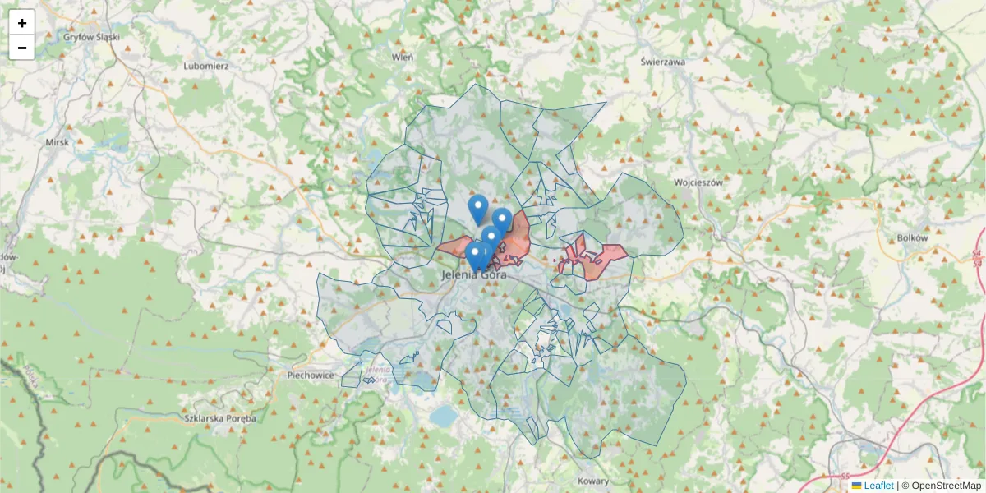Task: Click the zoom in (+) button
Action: [22, 22]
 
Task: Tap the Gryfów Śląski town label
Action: [92, 37]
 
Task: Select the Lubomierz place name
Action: [206, 66]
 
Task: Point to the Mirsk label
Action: [58, 142]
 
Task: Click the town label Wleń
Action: [403, 57]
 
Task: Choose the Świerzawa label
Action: [662, 62]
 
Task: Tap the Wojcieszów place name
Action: [698, 182]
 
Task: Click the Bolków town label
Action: [912, 237]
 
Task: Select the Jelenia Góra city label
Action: [475, 275]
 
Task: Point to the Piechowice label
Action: [311, 375]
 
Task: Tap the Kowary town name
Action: [593, 481]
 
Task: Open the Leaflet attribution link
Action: [878, 486]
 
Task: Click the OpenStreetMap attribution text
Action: [945, 486]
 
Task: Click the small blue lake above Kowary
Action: [444, 416]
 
